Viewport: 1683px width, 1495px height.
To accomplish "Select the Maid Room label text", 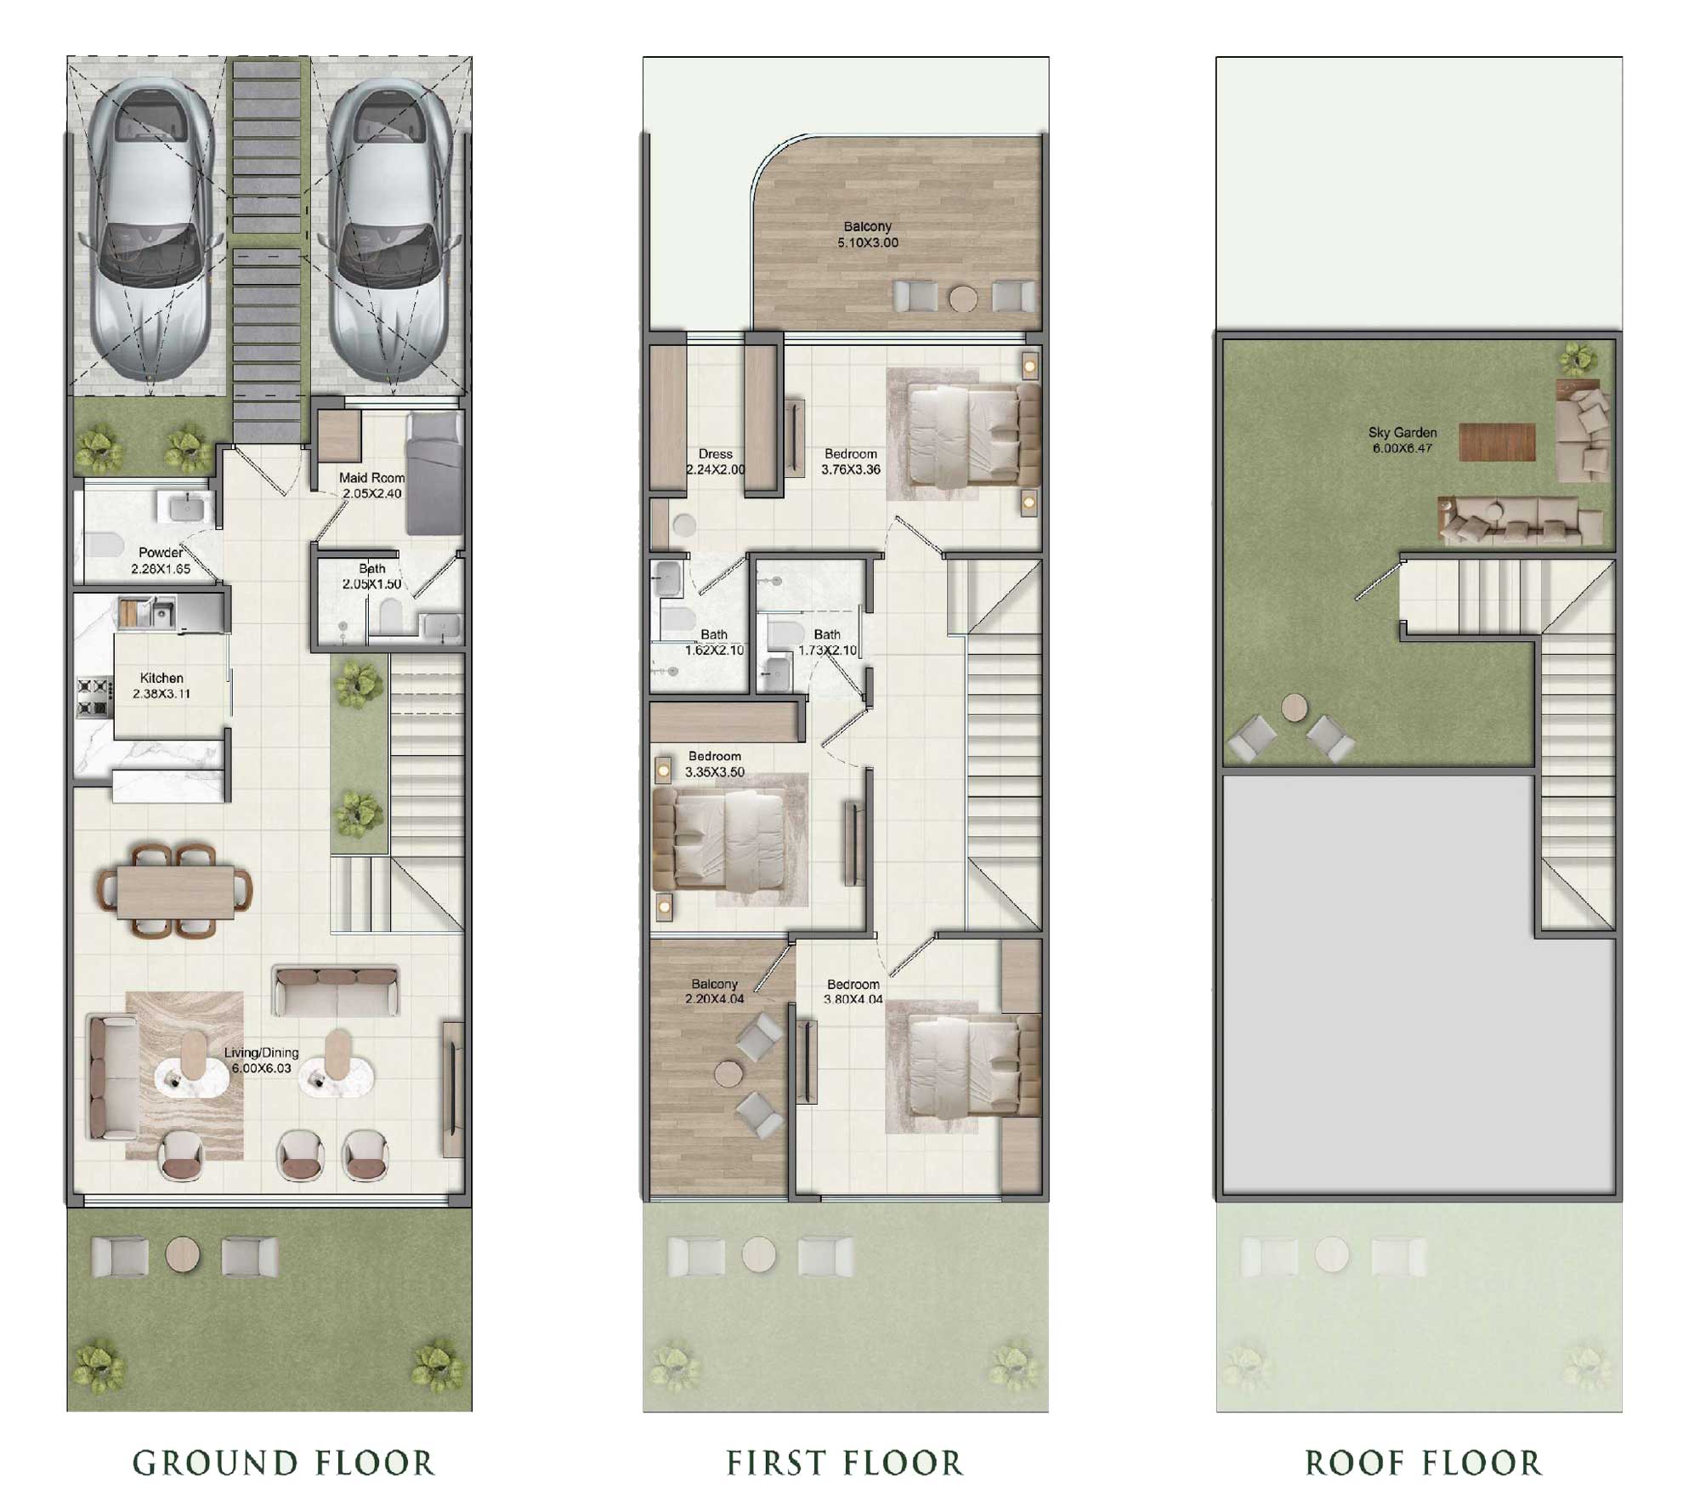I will (x=371, y=478).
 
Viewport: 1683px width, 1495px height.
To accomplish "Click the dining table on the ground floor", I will (x=176, y=891).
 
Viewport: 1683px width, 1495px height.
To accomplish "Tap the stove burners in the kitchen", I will (x=94, y=696).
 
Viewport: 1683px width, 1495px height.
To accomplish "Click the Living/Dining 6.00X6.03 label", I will (x=261, y=1060).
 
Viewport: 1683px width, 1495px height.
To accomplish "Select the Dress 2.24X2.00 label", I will (x=716, y=462).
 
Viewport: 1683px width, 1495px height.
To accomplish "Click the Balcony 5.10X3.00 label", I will (x=867, y=234).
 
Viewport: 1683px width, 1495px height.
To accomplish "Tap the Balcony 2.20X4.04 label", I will (x=714, y=991).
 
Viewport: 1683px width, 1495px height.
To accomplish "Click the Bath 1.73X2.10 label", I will (x=827, y=642).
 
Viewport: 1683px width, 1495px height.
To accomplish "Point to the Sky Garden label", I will (x=1402, y=440).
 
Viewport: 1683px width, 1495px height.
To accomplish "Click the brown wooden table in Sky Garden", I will (x=1497, y=441).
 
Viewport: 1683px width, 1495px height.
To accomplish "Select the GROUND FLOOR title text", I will (x=283, y=1464).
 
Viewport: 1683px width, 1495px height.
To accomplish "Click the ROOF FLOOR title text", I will (x=1423, y=1464).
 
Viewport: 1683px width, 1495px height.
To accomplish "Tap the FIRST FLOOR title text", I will (x=844, y=1464).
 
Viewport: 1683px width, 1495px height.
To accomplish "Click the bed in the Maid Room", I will (x=434, y=473).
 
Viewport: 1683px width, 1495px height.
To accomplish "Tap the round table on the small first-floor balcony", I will (x=728, y=1073).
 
